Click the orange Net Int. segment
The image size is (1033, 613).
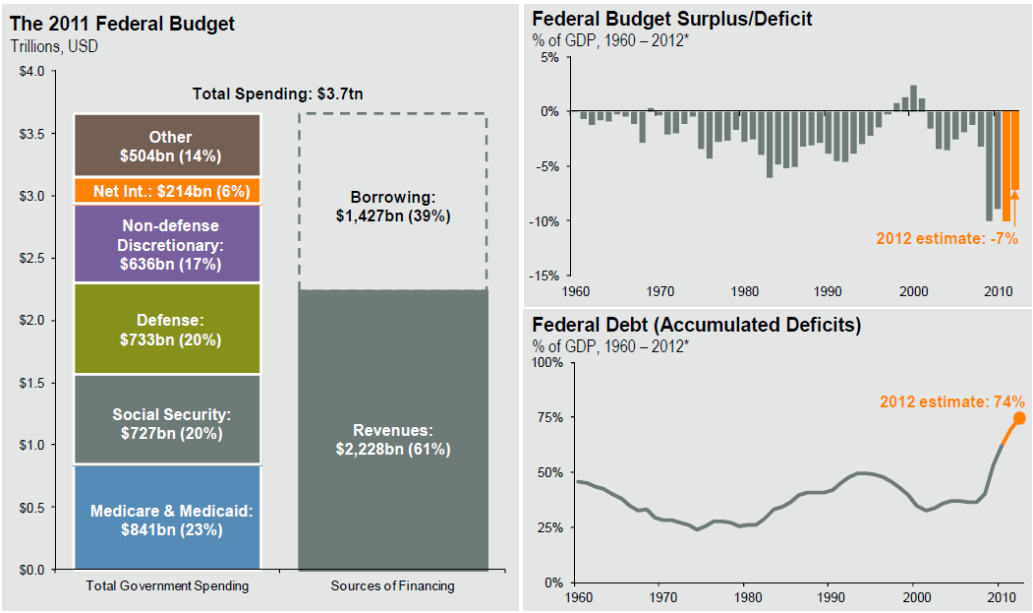(x=167, y=191)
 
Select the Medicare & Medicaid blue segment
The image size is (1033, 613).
(x=167, y=518)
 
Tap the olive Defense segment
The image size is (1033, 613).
(x=167, y=330)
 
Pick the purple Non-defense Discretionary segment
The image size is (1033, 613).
(x=167, y=244)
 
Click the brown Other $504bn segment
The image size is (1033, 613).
(x=167, y=146)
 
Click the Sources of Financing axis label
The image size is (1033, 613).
(x=393, y=586)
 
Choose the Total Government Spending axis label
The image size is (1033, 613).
(x=167, y=586)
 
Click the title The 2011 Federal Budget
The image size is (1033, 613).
(x=123, y=24)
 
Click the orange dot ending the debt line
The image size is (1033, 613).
(x=1019, y=418)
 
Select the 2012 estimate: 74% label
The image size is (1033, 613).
(x=952, y=401)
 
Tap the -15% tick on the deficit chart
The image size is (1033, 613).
(x=545, y=276)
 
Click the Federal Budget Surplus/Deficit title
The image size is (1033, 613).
(x=672, y=19)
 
